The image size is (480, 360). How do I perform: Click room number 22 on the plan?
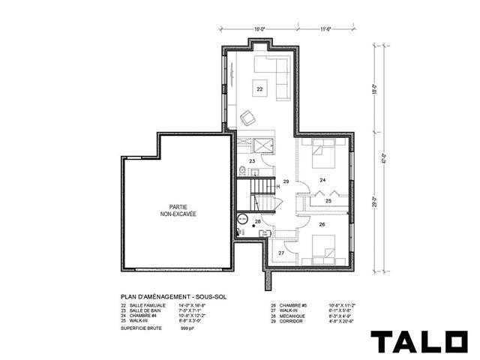tap(259, 89)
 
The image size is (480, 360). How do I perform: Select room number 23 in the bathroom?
tap(253, 161)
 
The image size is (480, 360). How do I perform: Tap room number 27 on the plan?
tap(281, 253)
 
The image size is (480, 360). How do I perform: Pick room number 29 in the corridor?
tap(286, 182)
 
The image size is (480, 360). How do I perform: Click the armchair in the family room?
tap(248, 118)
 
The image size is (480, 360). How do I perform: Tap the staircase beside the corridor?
tap(262, 193)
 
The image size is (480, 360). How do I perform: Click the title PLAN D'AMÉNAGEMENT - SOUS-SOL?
tap(169, 296)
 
